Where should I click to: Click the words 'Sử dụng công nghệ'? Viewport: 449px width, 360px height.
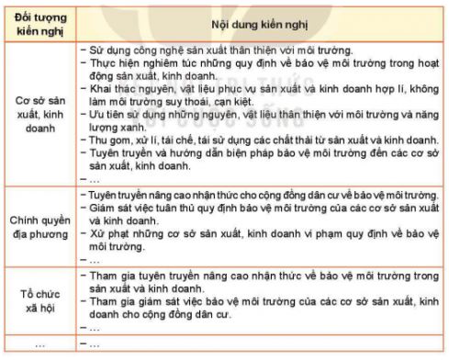click(x=133, y=44)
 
